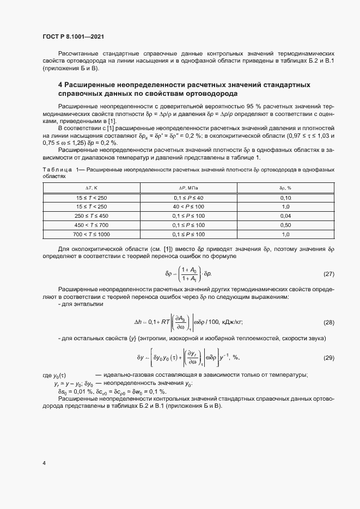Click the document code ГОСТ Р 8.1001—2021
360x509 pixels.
(x=73, y=37)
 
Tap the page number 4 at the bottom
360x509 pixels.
(x=44, y=463)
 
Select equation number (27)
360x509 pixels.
(x=328, y=274)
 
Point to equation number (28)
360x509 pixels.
(x=328, y=323)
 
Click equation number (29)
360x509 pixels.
(x=328, y=358)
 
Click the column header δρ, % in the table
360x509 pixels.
(x=285, y=188)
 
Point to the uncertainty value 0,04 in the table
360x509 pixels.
(x=285, y=216)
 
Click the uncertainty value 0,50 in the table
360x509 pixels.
(x=285, y=225)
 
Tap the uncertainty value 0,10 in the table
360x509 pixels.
(x=285, y=197)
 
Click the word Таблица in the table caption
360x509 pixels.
(x=57, y=170)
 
